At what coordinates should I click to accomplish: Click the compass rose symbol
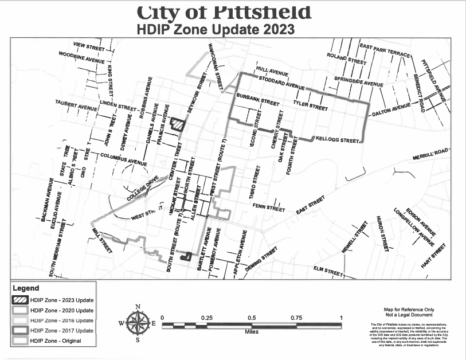pyautogui.click(x=138, y=323)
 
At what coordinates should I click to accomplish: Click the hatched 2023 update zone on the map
pyautogui.click(x=179, y=124)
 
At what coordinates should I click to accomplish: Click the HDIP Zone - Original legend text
pyautogui.click(x=56, y=341)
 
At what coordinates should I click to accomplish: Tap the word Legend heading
pyautogui.click(x=26, y=288)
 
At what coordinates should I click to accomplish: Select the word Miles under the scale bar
pyautogui.click(x=251, y=332)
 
